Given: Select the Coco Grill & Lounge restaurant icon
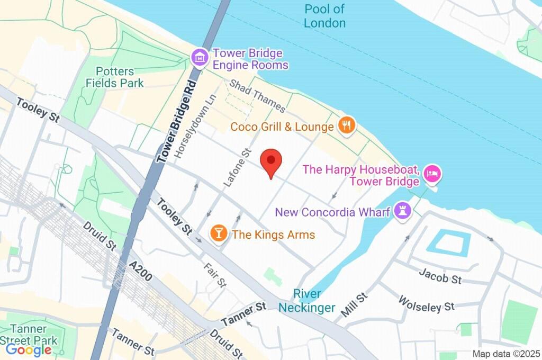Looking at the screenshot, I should coord(347,126).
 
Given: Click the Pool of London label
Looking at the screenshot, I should coord(324,16).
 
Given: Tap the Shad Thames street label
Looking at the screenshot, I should coord(257,96).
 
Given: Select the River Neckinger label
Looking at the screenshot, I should coord(306,301).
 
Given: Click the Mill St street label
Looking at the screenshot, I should coord(354,305).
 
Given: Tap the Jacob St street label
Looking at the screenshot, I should coord(440,276).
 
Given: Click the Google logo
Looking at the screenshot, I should coord(29,349).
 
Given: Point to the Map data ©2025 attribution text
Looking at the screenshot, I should coord(505,354).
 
